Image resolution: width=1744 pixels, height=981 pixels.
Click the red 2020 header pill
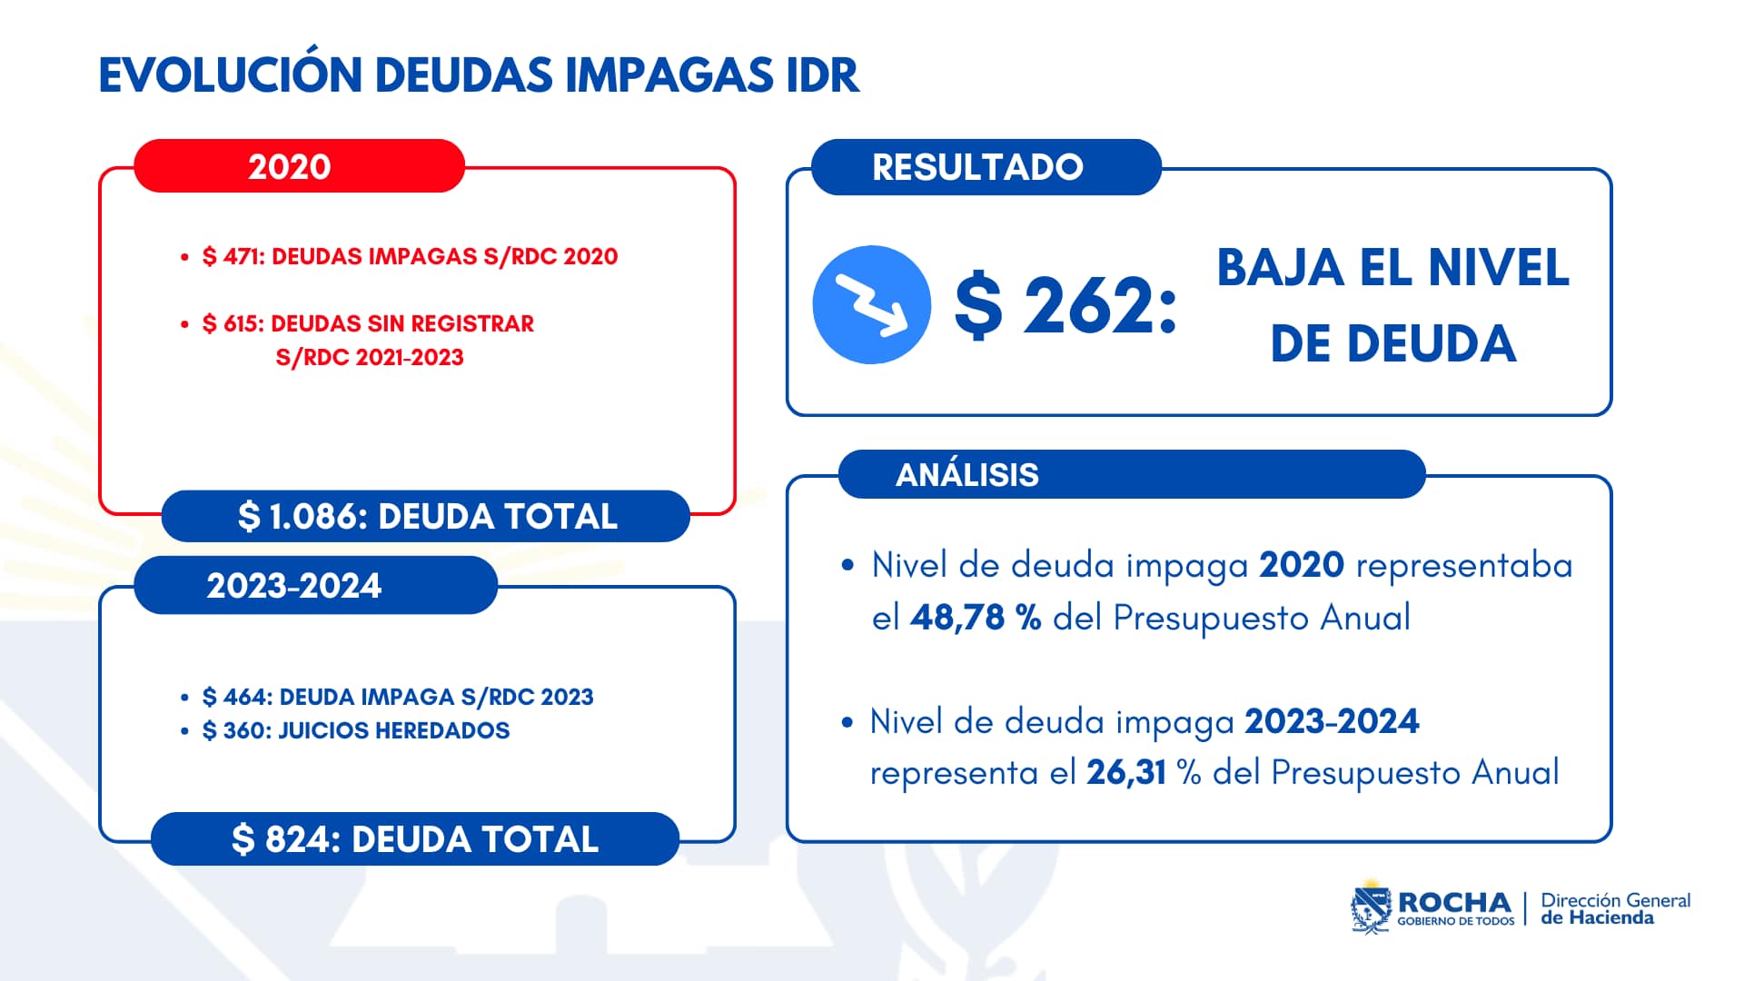pos(298,166)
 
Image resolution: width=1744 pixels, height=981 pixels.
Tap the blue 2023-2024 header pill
pos(314,586)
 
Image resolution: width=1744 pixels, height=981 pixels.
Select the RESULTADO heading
pos(977,167)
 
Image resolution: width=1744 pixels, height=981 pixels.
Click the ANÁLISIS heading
pos(966,475)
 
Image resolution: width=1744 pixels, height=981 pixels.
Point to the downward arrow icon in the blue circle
pos(871,305)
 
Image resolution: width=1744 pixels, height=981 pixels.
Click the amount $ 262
pos(1065,305)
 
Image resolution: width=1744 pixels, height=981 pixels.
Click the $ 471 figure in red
pos(233,257)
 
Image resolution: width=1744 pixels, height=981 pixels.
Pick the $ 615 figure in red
pos(232,324)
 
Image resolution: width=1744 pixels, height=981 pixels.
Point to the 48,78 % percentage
pos(975,618)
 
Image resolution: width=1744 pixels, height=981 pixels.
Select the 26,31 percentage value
pos(1125,772)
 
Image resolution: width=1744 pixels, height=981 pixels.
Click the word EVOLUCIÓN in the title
pos(230,75)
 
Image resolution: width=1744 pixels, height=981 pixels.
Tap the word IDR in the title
pos(822,75)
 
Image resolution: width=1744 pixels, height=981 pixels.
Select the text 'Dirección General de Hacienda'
pos(1615,908)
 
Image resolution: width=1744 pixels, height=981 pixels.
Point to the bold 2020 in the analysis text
pos(1301,565)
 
